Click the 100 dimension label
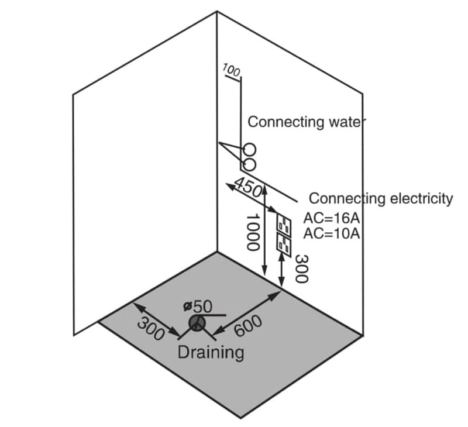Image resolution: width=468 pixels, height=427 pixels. [x=232, y=72]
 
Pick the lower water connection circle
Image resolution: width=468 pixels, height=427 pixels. [x=250, y=162]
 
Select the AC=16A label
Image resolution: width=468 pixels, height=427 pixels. [x=331, y=219]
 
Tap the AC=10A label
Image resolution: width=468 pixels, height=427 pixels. [x=331, y=234]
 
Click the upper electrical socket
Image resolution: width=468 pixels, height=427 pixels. [x=284, y=224]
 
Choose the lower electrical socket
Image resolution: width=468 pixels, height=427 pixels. [x=284, y=243]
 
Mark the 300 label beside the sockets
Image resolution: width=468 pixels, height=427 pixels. [x=301, y=268]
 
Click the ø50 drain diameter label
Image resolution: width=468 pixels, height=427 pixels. [x=197, y=306]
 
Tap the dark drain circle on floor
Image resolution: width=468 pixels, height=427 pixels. [x=197, y=323]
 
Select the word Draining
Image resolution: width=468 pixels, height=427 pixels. [x=211, y=353]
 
